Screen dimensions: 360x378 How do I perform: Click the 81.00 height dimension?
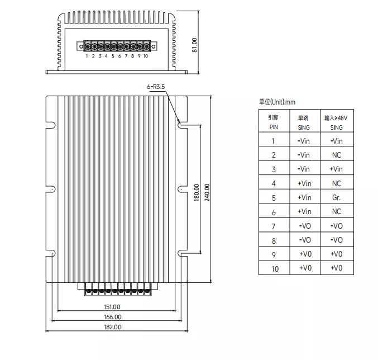pos(194,44)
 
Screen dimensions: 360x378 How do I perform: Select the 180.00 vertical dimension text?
pos(197,193)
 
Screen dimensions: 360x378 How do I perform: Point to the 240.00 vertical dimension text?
pos(207,193)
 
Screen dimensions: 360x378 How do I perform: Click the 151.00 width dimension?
pos(112,306)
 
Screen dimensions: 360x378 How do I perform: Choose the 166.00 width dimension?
pos(112,317)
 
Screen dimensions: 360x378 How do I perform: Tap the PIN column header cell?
pos(273,122)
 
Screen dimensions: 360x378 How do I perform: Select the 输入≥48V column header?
pos(336,122)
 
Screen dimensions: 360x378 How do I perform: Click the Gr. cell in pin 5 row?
pos(336,197)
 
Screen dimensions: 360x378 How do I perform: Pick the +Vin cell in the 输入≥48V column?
pos(336,169)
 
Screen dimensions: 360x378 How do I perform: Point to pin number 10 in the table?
pos(273,268)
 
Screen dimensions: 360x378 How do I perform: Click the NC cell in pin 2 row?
pos(336,155)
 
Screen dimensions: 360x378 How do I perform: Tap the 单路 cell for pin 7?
pos(304,226)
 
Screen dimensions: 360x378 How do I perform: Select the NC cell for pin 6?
pos(336,211)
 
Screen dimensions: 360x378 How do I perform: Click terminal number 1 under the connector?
pos(87,56)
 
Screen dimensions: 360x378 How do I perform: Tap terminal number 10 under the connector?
pos(146,56)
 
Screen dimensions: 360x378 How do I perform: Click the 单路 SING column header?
pos(304,122)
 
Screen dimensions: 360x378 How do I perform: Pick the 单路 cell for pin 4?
pos(304,183)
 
